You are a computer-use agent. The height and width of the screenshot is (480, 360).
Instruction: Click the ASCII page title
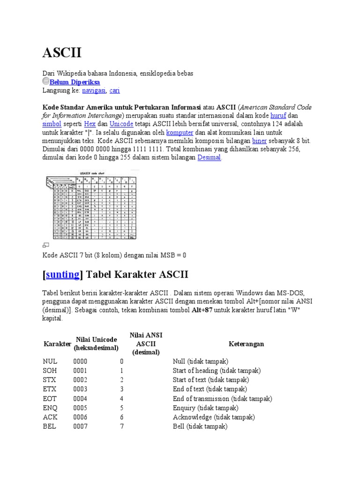[62, 53]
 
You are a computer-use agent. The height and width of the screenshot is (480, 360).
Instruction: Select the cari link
[114, 90]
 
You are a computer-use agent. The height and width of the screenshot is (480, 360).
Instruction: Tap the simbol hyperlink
[52, 124]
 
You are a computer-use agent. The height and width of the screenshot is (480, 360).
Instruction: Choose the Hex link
[90, 124]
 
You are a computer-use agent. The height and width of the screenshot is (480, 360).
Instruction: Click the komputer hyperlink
[180, 133]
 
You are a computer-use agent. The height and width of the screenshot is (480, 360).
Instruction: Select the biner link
[259, 141]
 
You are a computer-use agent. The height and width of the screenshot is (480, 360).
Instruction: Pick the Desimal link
[209, 157]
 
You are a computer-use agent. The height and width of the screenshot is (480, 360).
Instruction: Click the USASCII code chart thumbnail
[91, 205]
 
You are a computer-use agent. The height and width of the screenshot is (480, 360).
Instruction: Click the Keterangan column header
[246, 344]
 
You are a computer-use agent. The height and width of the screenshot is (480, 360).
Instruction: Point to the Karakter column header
[57, 344]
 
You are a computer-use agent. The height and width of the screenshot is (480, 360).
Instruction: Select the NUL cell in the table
[49, 361]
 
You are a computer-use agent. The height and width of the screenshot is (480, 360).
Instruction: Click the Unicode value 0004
[80, 398]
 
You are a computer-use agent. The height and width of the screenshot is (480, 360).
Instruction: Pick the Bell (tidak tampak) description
[200, 427]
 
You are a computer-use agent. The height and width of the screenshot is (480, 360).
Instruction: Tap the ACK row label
[49, 417]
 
